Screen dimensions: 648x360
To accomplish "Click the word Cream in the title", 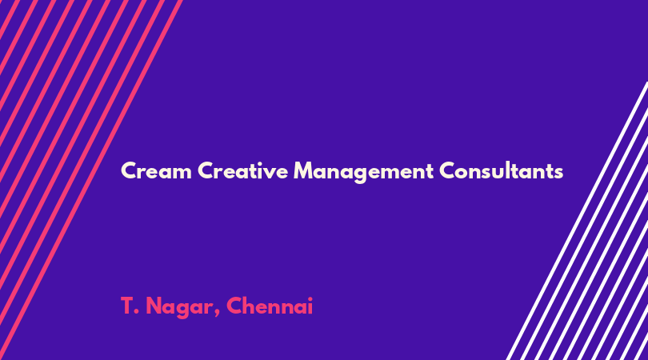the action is [x=157, y=170].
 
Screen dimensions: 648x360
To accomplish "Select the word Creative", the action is [x=242, y=170].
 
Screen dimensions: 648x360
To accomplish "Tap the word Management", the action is [x=363, y=171].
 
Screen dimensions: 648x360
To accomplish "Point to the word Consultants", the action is [x=501, y=170].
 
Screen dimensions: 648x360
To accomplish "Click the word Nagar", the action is [x=180, y=307].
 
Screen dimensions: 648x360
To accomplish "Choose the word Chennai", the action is [x=270, y=306].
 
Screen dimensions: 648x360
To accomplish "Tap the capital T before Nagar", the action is [x=127, y=306].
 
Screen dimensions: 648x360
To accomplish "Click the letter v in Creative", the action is [x=267, y=173].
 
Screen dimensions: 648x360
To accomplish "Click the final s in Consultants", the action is [x=558, y=173].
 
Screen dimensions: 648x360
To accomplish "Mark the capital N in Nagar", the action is [x=154, y=306].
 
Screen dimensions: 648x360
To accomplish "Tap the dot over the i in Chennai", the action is [x=310, y=298].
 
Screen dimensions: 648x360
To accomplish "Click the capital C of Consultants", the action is [x=447, y=170].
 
